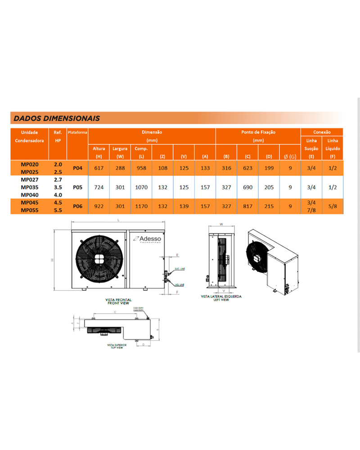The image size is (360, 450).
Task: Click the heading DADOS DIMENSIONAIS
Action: [x=57, y=118]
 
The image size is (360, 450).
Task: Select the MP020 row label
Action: [x=29, y=165]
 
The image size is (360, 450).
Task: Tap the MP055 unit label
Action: [x=29, y=210]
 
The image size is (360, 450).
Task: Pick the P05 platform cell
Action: [x=77, y=187]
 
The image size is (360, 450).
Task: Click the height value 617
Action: [x=99, y=168]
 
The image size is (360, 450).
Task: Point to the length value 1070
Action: [x=141, y=187]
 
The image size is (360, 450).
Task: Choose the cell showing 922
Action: [x=99, y=206]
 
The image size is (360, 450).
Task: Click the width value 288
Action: [x=120, y=168]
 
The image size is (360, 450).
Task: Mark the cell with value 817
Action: [x=247, y=206]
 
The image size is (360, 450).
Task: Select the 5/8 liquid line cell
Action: [x=333, y=206]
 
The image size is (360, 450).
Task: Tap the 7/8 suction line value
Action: [x=311, y=210]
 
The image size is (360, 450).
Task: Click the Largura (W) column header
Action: [x=120, y=152]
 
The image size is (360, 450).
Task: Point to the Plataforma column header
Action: [x=77, y=133]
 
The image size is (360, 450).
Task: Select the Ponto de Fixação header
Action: [x=258, y=133]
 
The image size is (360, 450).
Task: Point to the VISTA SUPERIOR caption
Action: [x=117, y=346]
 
